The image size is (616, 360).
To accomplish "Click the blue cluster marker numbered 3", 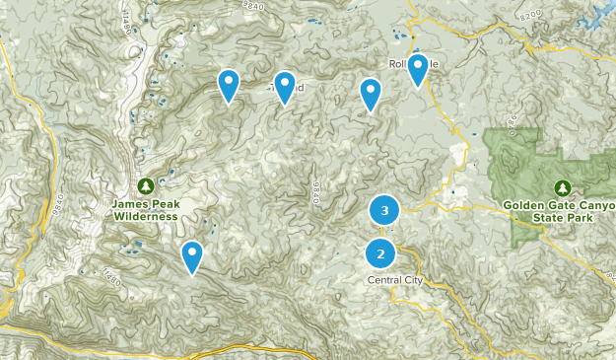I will tap(384, 210).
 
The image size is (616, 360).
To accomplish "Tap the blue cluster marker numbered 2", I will tap(380, 254).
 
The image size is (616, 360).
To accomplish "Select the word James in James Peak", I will tap(128, 204).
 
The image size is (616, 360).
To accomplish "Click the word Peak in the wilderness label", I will tap(162, 204).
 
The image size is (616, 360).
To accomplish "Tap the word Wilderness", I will tap(145, 215).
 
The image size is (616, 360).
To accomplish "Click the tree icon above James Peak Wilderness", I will tap(145, 184).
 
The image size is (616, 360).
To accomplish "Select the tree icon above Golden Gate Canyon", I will tap(563, 186).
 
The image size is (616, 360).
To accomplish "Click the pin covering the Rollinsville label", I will tap(418, 68).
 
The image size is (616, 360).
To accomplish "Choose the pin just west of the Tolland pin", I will tap(229, 84).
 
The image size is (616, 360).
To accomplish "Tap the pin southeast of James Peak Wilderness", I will tap(192, 255).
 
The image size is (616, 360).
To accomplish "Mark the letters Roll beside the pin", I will tap(398, 64).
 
